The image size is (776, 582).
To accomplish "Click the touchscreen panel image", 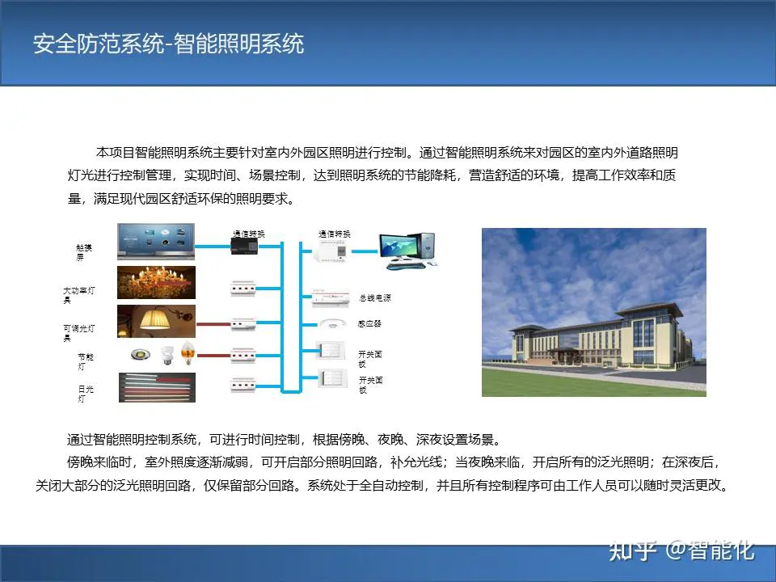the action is coord(156,242).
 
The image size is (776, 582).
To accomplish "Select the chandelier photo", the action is coord(156,283).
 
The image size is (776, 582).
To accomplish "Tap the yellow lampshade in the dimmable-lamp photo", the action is coord(154,318).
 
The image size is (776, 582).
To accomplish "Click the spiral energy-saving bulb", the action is coord(168,354).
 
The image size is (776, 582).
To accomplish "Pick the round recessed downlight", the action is coord(141,354).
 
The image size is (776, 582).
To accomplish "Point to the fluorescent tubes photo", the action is coord(157,387).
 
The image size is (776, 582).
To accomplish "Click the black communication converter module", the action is coord(244,246).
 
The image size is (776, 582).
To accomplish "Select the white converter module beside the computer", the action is coord(331,251).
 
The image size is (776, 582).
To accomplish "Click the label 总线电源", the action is coord(374,298).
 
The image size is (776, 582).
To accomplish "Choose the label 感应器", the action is coord(369,323).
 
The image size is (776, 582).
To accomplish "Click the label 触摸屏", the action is coord(83,252).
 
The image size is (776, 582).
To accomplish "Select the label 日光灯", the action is coord(85,394).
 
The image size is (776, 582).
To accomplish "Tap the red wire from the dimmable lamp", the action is coord(213,325).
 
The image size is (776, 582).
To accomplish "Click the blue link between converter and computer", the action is coord(365,251).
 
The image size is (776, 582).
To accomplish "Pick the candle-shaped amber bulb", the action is coord(188,353).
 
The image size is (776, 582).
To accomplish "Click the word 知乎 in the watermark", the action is coord(632,550).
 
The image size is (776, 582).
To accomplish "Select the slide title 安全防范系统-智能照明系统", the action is coord(168,44).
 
